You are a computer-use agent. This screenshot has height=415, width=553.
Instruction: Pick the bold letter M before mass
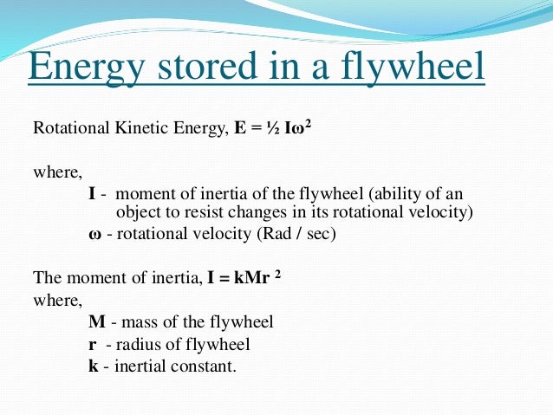click(x=97, y=322)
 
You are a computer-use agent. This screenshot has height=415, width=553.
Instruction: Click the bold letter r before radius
click(x=93, y=344)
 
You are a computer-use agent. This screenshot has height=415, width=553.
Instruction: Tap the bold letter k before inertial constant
click(x=94, y=366)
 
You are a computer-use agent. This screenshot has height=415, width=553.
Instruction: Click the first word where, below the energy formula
click(x=53, y=172)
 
